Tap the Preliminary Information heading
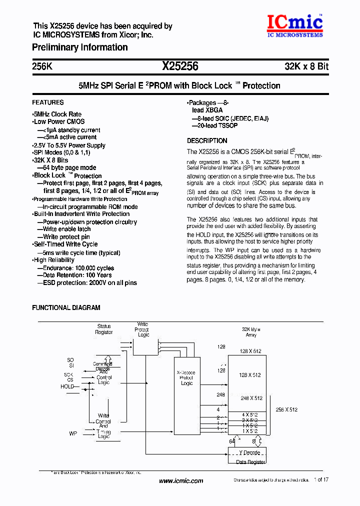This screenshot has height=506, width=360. click(80, 47)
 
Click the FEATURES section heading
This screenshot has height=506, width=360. click(48, 102)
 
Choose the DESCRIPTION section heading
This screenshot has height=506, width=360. click(207, 141)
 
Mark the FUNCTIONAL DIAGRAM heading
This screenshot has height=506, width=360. click(66, 308)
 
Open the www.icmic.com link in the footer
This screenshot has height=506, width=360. click(181, 481)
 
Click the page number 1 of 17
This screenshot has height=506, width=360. click(321, 480)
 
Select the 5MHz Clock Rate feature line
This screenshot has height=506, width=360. click(57, 114)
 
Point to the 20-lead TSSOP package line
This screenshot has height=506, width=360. click(214, 125)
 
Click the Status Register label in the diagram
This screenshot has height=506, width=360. click(104, 329)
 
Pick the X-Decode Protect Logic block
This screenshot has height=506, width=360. click(186, 378)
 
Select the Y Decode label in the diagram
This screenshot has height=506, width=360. click(248, 452)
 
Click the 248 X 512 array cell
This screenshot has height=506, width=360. click(251, 398)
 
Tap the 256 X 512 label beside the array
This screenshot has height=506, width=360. click(286, 409)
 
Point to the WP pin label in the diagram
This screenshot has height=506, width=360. click(73, 433)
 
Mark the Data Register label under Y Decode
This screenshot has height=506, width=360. click(250, 462)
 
